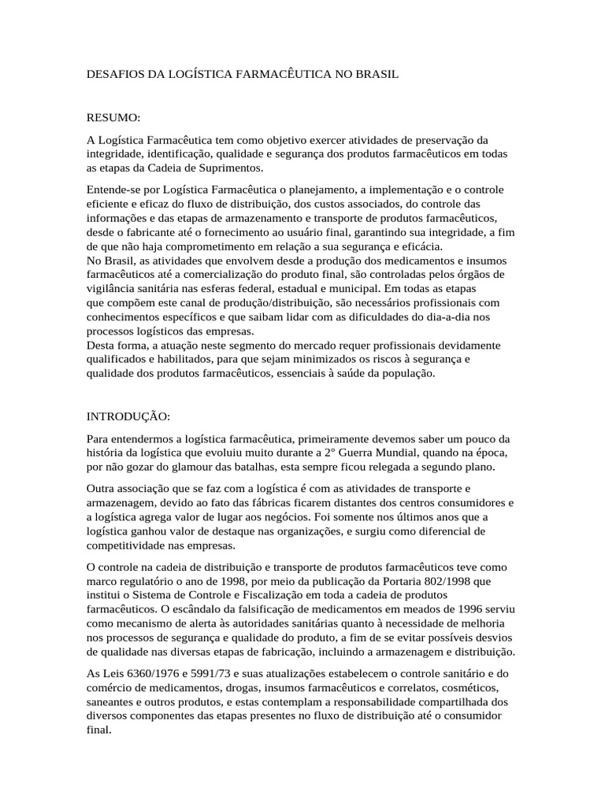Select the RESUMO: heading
tap(113, 118)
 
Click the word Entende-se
tap(113, 190)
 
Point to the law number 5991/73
tap(212, 673)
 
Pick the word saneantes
tap(112, 701)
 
